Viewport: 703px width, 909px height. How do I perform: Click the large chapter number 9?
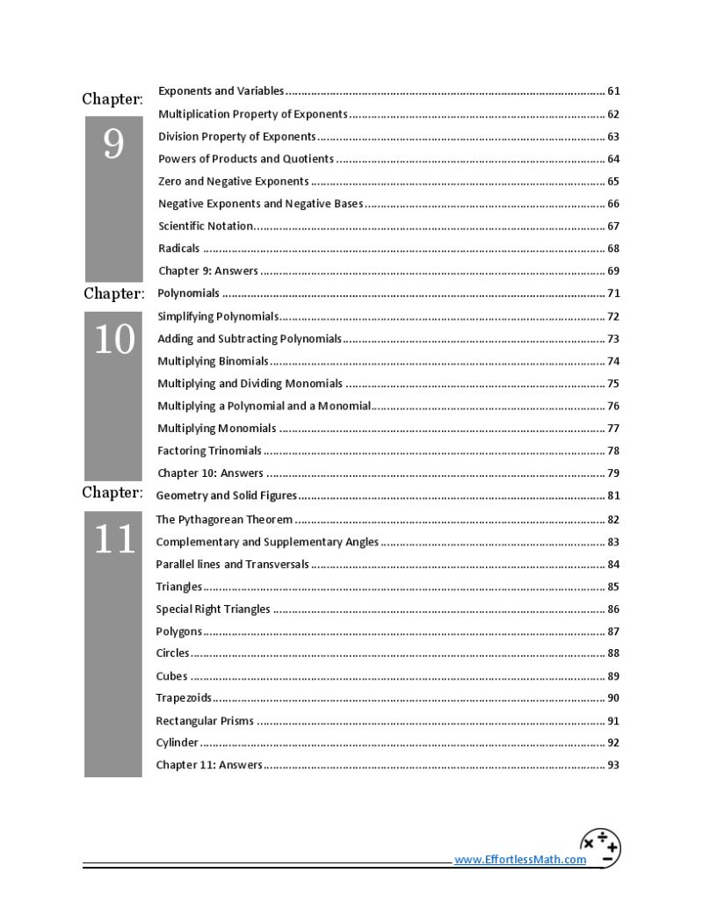(113, 144)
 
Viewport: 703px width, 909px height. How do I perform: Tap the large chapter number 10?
(113, 340)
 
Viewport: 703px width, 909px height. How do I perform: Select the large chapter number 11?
(113, 539)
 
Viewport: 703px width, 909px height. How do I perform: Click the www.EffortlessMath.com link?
(519, 860)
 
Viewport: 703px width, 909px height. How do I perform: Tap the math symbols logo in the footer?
(600, 848)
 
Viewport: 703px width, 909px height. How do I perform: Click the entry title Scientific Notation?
(206, 226)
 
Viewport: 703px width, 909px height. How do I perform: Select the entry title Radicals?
(178, 249)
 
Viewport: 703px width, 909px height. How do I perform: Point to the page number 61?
(613, 91)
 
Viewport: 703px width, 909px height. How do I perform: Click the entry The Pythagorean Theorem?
(224, 520)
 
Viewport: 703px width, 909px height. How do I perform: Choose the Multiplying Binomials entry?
(213, 361)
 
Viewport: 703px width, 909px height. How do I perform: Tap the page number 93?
(613, 765)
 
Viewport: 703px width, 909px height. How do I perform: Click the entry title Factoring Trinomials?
(209, 451)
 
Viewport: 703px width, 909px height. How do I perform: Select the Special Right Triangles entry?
(213, 610)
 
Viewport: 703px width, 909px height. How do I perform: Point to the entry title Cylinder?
(177, 743)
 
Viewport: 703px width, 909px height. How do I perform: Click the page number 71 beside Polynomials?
(613, 293)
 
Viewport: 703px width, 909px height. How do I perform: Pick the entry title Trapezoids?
(184, 698)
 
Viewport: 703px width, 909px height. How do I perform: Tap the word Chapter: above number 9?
(112, 99)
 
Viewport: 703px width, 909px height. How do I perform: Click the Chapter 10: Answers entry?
(210, 473)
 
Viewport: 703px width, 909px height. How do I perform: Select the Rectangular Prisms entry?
(205, 721)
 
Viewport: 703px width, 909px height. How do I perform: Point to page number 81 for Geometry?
(613, 496)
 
